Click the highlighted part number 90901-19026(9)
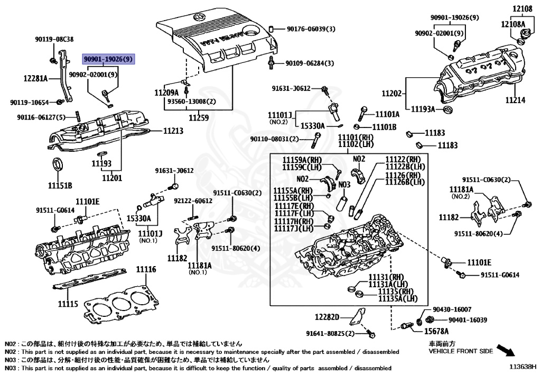coord(108,58)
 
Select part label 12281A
coord(35,78)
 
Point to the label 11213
coord(173,130)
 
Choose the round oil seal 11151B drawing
coord(58,165)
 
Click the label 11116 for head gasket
coord(146,270)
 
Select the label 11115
coord(68,304)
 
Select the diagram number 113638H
coord(523,366)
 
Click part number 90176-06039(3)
coord(311,29)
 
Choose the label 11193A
coord(423,109)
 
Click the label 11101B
coord(384,127)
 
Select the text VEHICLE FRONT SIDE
coord(461,351)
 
